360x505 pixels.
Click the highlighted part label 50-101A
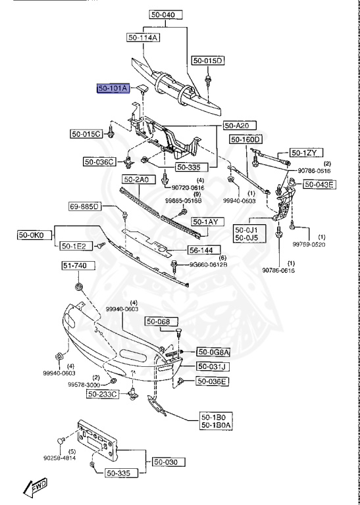click(115, 88)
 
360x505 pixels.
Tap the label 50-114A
click(143, 37)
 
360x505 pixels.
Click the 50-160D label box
click(245, 139)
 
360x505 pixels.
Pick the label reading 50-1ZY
click(304, 153)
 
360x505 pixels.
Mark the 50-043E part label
click(319, 184)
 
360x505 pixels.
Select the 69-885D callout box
click(84, 208)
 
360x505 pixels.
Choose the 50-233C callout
click(103, 394)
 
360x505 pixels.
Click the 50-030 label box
click(166, 462)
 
